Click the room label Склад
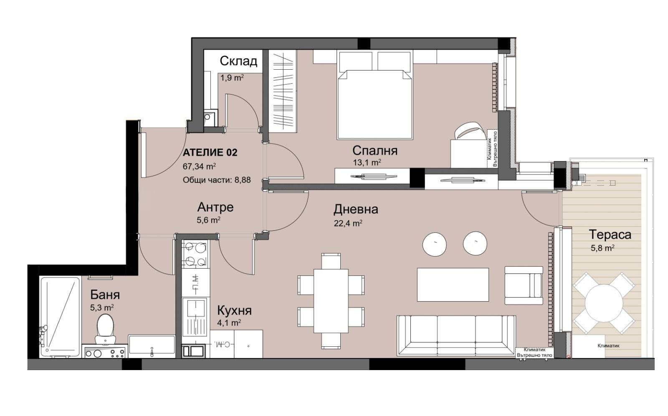point(238,61)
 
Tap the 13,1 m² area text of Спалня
point(367,163)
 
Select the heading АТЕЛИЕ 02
point(210,153)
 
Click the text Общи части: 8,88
point(217,180)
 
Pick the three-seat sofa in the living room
point(456,335)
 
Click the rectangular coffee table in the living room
point(453,285)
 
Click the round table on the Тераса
point(604,303)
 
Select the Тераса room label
point(610,234)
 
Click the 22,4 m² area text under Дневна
point(347,223)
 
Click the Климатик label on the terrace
point(608,345)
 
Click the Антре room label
point(215,207)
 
